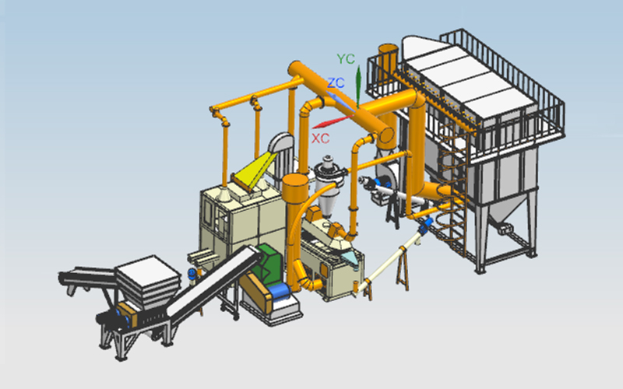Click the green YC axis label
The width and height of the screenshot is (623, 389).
tap(345, 59)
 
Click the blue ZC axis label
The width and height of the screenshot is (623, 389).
tap(336, 82)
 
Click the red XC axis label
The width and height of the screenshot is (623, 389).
tap(320, 138)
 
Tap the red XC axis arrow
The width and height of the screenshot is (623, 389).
tap(333, 121)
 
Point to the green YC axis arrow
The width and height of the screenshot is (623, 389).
tap(358, 86)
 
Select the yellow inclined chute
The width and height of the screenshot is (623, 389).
tap(255, 170)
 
